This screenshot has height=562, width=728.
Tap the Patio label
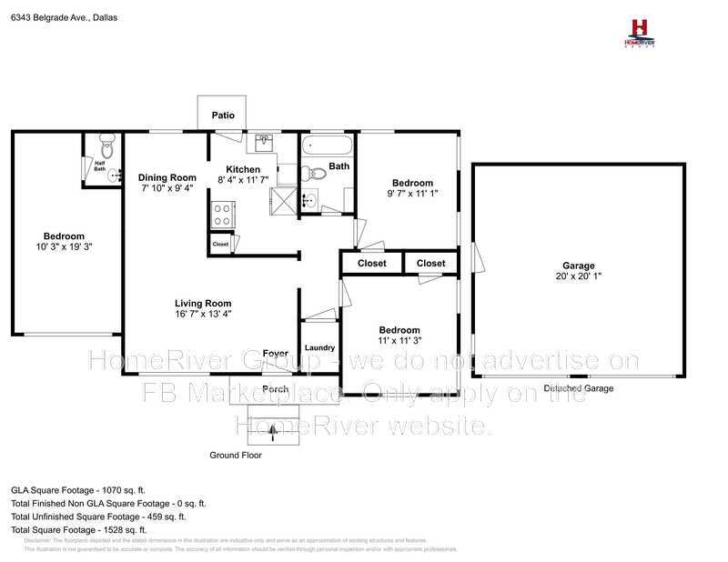coord(223,115)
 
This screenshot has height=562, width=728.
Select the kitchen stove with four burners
coord(221,215)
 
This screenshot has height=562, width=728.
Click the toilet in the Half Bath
coord(106,143)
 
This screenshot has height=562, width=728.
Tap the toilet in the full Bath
coord(315,174)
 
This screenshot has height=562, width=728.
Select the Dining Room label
coord(167,177)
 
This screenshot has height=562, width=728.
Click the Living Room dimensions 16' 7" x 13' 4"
coord(204,315)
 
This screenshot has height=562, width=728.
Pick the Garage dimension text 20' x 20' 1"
coord(578,276)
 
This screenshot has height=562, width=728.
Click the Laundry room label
coord(319,347)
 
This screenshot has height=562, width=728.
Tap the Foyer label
coord(276,354)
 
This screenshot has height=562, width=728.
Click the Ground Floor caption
coord(236,456)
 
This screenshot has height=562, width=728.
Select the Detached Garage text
coord(578,388)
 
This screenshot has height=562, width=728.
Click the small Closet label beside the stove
coord(220,244)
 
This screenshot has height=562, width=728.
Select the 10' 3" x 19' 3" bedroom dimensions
coord(65,246)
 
